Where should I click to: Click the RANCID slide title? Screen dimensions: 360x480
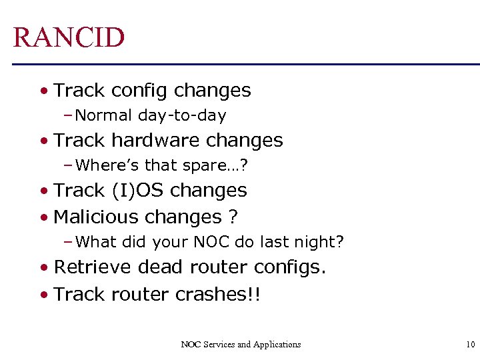(69, 37)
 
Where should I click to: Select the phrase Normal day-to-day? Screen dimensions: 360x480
(151, 115)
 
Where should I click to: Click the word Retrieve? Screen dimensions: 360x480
(93, 267)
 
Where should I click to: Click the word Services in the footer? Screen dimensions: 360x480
(220, 345)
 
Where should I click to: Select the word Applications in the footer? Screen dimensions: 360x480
(277, 345)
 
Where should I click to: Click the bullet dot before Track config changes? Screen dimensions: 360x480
(43, 91)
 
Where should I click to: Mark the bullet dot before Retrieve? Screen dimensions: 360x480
(43, 267)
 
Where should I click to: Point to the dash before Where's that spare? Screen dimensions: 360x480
(69, 165)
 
